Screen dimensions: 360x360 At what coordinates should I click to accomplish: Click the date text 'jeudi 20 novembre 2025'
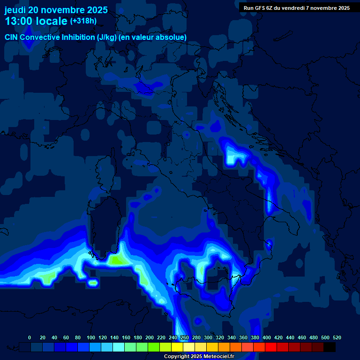(56, 10)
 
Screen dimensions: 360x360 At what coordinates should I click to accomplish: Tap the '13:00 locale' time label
(36, 21)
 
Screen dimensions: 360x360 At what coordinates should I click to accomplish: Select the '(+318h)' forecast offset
(83, 21)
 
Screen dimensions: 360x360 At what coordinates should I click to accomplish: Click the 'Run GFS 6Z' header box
(297, 8)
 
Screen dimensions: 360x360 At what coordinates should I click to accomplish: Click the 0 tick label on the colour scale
(30, 337)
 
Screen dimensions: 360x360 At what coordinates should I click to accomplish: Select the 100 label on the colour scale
(90, 337)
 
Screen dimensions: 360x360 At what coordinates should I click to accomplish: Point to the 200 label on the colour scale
(150, 337)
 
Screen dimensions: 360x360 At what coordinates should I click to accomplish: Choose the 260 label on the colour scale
(185, 337)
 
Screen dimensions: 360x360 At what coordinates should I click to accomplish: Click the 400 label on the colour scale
(267, 337)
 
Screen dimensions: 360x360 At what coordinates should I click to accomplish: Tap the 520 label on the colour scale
(337, 337)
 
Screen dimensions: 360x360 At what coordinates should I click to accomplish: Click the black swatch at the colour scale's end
(330, 347)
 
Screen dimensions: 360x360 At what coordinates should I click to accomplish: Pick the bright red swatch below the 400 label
(271, 347)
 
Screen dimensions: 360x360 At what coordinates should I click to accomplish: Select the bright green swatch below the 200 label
(154, 347)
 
